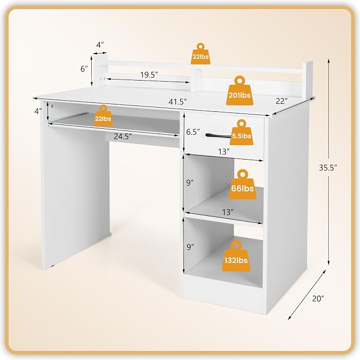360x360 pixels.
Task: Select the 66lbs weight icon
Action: pyautogui.click(x=242, y=185)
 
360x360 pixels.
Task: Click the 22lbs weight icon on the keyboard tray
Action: pyautogui.click(x=103, y=116)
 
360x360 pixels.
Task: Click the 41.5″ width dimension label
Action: pyautogui.click(x=178, y=101)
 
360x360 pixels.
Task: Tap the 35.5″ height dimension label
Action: pyautogui.click(x=328, y=168)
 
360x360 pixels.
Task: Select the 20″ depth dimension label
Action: pyautogui.click(x=318, y=298)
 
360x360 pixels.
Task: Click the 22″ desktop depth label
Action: pyautogui.click(x=282, y=101)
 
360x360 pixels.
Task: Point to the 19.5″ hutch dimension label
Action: pyautogui.click(x=149, y=75)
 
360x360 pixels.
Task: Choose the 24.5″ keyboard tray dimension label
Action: pyautogui.click(x=123, y=137)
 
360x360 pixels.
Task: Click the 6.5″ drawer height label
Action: pyautogui.click(x=193, y=132)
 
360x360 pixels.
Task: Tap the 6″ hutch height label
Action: pyautogui.click(x=84, y=68)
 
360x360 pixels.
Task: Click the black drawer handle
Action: pyautogui.click(x=218, y=136)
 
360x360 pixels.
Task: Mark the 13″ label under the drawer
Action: pyautogui.click(x=224, y=152)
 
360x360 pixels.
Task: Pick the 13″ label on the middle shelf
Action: pyautogui.click(x=228, y=213)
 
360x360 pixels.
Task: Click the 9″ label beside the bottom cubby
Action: pyautogui.click(x=190, y=247)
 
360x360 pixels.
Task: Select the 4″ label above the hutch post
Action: pyautogui.click(x=100, y=45)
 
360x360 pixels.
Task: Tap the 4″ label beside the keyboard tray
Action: pyautogui.click(x=38, y=111)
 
